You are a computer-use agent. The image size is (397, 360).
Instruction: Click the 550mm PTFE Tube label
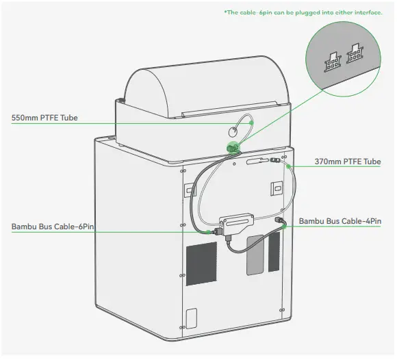point(44,118)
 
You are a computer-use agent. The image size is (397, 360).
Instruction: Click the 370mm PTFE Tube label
point(347,162)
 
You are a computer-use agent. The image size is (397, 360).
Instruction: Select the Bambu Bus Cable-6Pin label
point(53,226)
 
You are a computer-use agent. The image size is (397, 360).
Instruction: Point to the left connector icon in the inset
point(333,58)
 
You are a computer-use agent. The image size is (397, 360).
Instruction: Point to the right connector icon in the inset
point(355,54)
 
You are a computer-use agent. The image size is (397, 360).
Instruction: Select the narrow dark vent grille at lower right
point(273,253)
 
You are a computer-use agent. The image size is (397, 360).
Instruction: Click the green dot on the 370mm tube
point(289,165)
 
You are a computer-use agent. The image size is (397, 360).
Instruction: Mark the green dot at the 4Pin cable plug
point(283,221)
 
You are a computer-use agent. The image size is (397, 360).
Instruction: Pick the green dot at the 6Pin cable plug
point(209,231)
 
